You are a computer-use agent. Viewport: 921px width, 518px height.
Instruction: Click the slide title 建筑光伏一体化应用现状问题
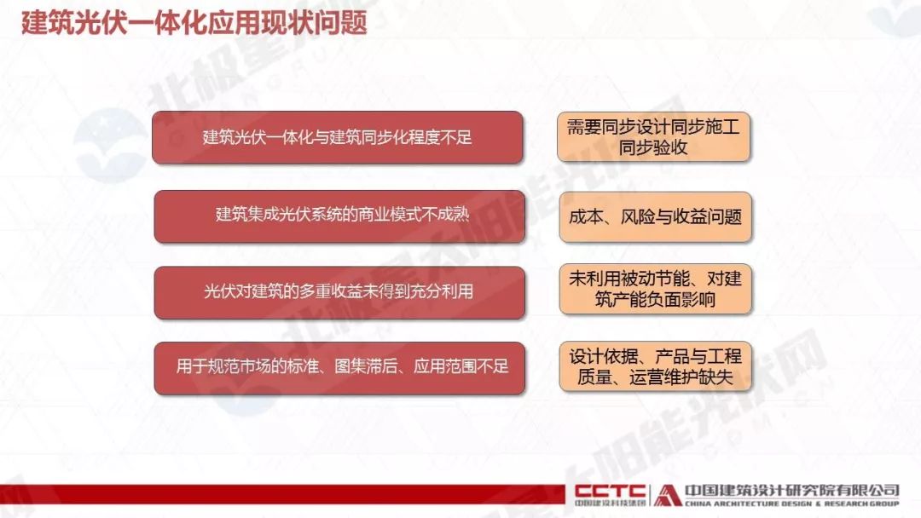tap(194, 23)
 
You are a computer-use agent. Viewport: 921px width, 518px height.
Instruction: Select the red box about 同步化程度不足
tap(337, 137)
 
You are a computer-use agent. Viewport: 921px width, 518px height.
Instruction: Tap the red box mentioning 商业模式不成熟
tap(339, 216)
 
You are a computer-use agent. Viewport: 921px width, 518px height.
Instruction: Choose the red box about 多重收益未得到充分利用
tap(339, 292)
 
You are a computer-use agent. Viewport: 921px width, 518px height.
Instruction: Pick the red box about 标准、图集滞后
tap(339, 368)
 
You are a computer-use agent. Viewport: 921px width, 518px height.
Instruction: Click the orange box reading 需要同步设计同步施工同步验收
tap(654, 136)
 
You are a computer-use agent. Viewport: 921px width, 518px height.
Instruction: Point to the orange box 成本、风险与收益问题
tap(656, 216)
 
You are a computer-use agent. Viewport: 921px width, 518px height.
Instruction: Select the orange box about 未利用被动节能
tap(656, 289)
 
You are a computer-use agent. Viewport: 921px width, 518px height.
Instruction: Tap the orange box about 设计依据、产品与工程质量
tap(656, 366)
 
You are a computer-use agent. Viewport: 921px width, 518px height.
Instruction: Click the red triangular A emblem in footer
tap(667, 494)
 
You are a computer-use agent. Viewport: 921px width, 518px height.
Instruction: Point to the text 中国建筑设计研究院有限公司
tap(791, 491)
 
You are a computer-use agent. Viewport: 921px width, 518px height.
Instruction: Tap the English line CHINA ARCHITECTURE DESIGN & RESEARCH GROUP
tap(791, 504)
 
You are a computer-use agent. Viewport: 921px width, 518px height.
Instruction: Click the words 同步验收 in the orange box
tap(653, 147)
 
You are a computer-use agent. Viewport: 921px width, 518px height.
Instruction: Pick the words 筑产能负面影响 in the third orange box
tap(655, 299)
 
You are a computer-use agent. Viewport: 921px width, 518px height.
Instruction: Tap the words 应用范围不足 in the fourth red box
tap(461, 366)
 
